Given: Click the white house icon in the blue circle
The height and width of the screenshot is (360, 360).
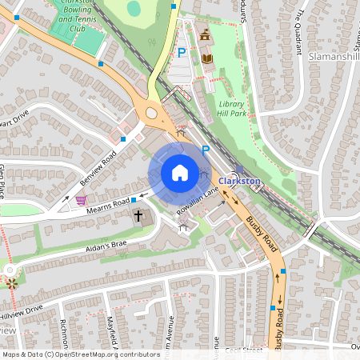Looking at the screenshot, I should [180, 172].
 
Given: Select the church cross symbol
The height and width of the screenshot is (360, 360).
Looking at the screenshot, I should [138, 216].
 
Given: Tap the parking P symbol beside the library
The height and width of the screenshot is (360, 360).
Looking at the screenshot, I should [182, 53].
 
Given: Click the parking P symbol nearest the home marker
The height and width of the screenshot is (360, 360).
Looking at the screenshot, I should [206, 150].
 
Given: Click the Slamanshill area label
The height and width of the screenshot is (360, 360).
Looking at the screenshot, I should [333, 57].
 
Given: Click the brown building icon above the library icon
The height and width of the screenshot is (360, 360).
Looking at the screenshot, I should [205, 35].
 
